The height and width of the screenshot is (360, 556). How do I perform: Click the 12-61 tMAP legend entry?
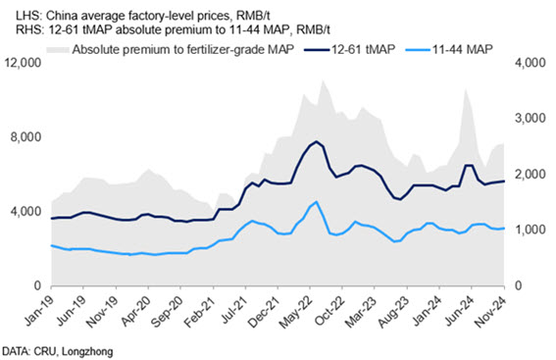(x=350, y=49)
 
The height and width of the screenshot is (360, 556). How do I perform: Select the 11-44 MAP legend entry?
(x=448, y=49)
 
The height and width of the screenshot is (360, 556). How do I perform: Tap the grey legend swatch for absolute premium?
(x=58, y=49)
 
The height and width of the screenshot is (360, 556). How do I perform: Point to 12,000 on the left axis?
(x=23, y=63)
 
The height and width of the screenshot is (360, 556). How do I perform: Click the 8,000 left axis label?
(x=26, y=137)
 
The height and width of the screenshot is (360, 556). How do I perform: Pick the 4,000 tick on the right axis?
(x=531, y=63)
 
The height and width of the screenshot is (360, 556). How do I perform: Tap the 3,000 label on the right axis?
(x=531, y=118)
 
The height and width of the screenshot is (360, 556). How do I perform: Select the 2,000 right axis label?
(x=531, y=175)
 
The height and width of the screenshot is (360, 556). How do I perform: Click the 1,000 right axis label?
(x=531, y=230)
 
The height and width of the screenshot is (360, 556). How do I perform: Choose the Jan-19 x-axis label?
(x=39, y=310)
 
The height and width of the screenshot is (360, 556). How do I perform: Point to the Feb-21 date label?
(x=200, y=311)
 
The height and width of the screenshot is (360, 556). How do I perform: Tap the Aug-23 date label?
(x=393, y=311)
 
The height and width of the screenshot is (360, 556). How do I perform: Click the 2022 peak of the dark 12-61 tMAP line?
(x=317, y=141)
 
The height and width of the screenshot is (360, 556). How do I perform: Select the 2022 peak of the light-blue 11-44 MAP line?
(x=317, y=202)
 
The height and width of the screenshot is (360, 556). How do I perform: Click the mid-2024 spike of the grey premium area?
(x=466, y=90)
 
